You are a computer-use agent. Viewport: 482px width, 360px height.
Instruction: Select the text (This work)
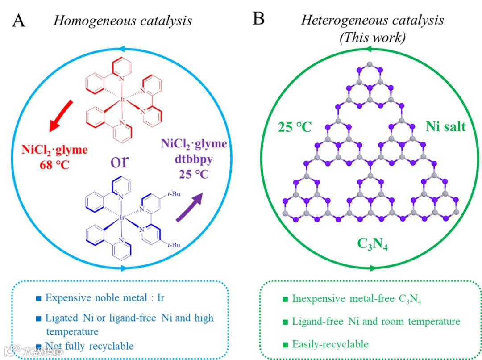(x=373, y=38)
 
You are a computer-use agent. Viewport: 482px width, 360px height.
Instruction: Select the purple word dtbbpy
(x=193, y=159)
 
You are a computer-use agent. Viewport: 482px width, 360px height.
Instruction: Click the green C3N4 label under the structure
(x=372, y=244)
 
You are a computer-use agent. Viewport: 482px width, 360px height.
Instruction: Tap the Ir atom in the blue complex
(x=121, y=218)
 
